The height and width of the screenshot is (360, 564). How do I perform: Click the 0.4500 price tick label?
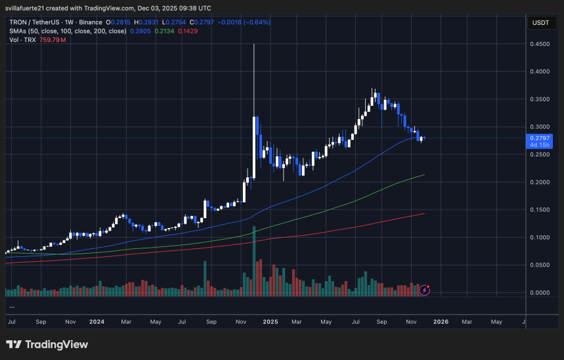point(540,44)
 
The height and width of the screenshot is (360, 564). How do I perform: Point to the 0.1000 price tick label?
point(540,237)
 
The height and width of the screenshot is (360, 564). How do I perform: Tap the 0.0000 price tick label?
point(540,292)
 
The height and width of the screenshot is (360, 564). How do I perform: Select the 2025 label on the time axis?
point(271,322)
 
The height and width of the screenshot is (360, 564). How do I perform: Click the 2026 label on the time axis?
point(441,322)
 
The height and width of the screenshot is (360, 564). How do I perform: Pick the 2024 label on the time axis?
point(97,322)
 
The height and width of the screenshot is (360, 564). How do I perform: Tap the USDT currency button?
point(540,22)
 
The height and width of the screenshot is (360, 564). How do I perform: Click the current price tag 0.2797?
point(540,138)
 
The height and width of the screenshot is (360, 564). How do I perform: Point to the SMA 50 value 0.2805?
point(140,30)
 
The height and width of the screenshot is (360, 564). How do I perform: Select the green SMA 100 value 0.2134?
point(164,30)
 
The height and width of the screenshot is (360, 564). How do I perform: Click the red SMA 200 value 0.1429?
point(188,30)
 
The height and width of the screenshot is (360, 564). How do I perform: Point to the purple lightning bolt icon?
point(425,289)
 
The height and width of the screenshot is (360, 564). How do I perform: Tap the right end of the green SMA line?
point(424,175)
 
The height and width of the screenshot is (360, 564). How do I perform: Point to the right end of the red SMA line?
point(423,214)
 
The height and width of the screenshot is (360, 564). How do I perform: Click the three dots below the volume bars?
point(12,306)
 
